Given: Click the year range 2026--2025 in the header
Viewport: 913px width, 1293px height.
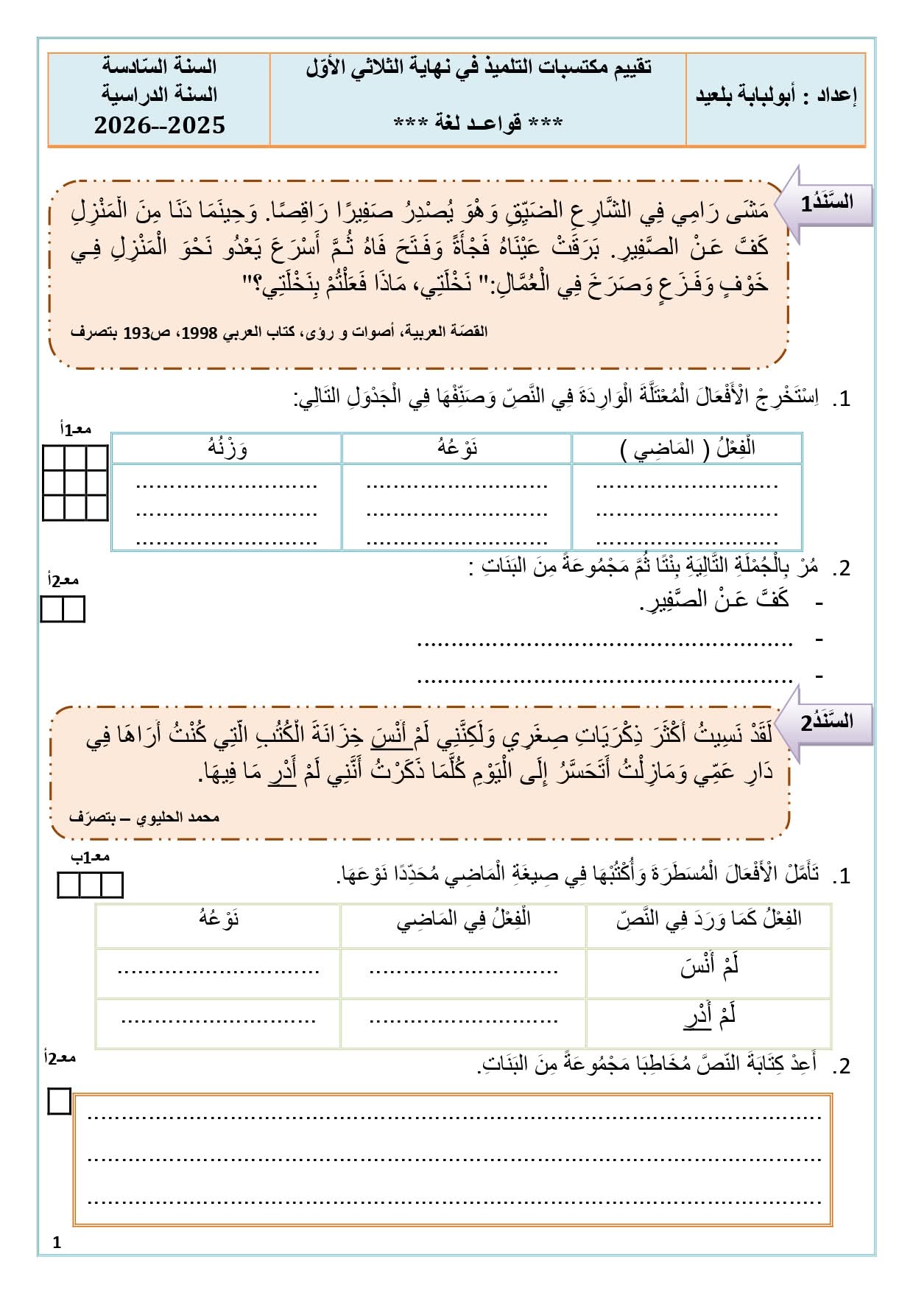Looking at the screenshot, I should pos(159,125).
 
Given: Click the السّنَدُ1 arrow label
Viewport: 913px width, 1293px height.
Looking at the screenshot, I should pos(828,203).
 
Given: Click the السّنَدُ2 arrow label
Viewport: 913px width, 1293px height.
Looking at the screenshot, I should pos(828,722).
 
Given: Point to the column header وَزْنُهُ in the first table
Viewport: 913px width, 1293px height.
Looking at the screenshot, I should pos(227,448).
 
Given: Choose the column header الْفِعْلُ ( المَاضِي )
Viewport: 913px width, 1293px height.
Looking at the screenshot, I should pos(687,448).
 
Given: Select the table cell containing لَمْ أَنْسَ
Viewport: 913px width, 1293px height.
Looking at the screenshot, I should pos(708,967).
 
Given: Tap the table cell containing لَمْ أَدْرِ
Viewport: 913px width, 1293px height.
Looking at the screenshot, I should pos(708,1017).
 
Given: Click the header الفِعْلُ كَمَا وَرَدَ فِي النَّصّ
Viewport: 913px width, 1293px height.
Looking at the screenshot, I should pos(708,919).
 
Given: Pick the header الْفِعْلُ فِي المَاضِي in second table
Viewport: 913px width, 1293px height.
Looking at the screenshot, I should pos(463,919).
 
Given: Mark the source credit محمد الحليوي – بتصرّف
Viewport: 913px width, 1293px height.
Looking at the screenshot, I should pos(144,817).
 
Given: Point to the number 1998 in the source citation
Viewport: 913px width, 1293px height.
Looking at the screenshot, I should pos(200,332).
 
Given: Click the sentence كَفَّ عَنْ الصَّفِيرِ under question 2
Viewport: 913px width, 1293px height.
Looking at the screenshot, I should pos(714,600).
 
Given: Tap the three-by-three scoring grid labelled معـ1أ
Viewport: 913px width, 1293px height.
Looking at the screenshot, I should pos(75,483).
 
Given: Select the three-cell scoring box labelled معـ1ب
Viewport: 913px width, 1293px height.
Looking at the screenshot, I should pos(90,885).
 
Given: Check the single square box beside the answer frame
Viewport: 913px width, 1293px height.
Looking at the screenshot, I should pos(59,1102).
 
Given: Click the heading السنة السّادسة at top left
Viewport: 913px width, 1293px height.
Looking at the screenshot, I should pos(159,67).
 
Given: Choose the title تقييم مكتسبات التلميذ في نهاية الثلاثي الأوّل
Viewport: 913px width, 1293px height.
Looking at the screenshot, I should pos(478,68).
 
